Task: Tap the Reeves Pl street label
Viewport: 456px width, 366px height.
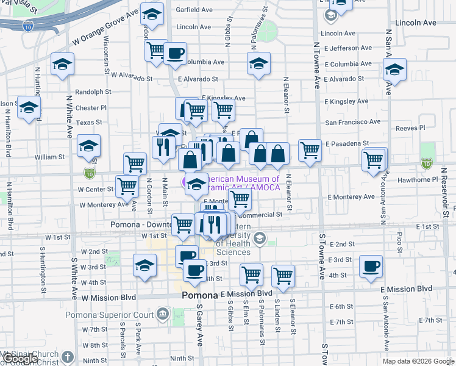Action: point(410,128)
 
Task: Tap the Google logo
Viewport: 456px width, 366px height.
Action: point(21,359)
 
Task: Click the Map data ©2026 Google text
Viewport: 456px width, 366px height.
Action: point(418,361)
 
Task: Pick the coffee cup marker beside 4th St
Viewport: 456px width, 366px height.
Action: point(371,266)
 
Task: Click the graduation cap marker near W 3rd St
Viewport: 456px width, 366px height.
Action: point(144,266)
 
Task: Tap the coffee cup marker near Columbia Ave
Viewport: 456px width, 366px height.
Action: point(175,53)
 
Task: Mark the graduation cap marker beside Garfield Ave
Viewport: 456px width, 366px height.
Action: point(152,13)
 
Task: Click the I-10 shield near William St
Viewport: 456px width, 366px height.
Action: point(90,173)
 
